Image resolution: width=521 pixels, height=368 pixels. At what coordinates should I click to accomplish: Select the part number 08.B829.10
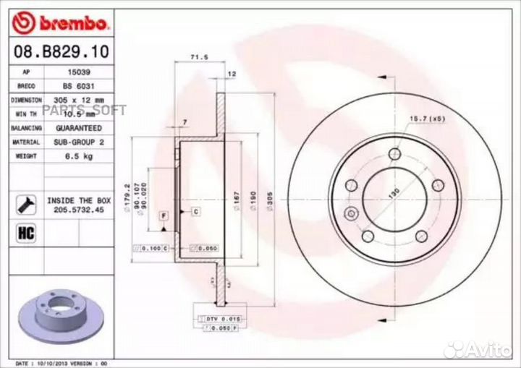[x=57, y=53]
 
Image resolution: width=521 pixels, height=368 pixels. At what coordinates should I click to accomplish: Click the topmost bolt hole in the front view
[x=394, y=154]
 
